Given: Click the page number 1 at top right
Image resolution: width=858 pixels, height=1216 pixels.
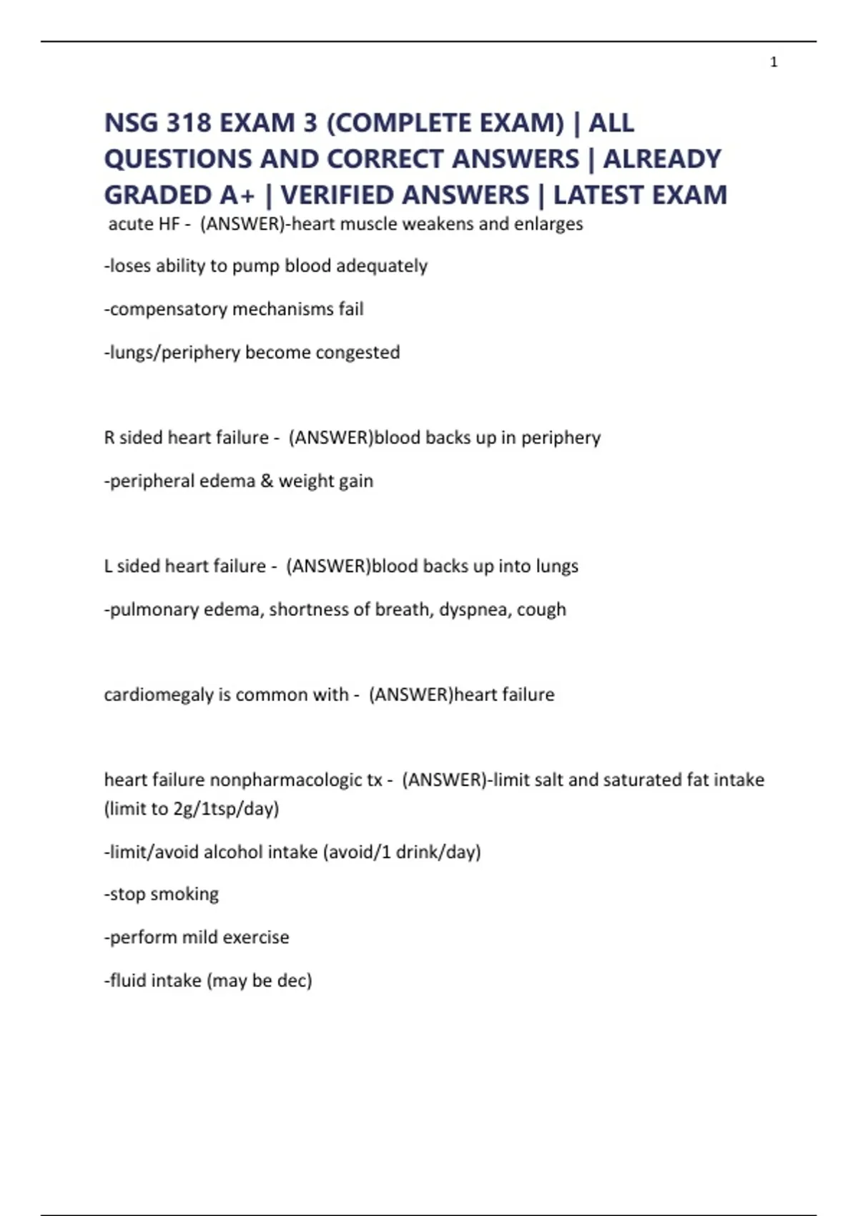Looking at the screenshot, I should (x=774, y=63).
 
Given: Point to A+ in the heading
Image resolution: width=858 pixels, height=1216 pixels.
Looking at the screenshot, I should (x=237, y=195).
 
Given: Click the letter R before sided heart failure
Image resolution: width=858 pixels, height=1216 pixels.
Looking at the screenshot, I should (x=109, y=437).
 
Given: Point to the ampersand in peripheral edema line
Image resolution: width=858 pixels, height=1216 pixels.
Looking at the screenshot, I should (x=267, y=481).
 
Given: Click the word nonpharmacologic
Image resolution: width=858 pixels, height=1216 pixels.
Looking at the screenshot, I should (x=296, y=780).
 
